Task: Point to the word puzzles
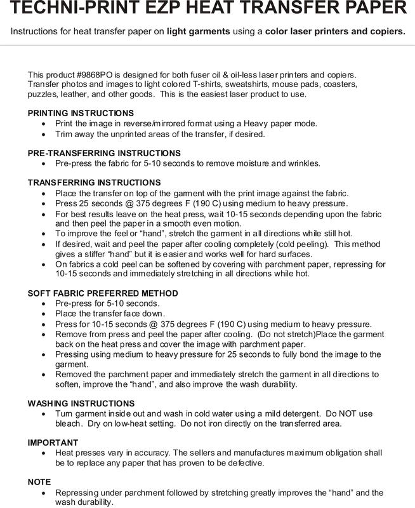43,94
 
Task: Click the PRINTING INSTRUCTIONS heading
81,112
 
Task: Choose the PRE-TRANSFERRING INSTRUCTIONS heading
104,153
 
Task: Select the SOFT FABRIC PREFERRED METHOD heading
103,293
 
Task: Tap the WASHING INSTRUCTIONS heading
81,403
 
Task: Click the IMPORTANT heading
53,442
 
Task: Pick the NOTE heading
39,482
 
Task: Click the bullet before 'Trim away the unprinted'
43,134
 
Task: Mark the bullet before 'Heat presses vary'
43,453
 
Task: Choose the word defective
240,464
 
